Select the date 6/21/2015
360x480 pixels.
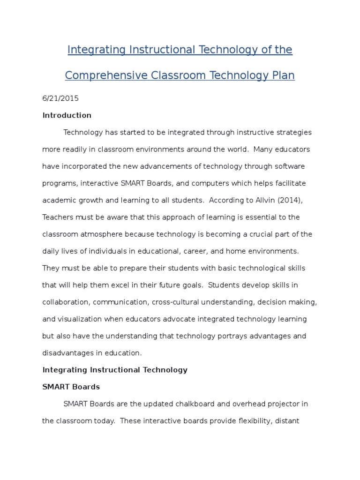[x=60, y=98]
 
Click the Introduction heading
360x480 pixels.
[x=67, y=115]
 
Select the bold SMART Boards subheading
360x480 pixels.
[x=71, y=387]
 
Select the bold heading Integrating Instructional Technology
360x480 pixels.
[x=115, y=370]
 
